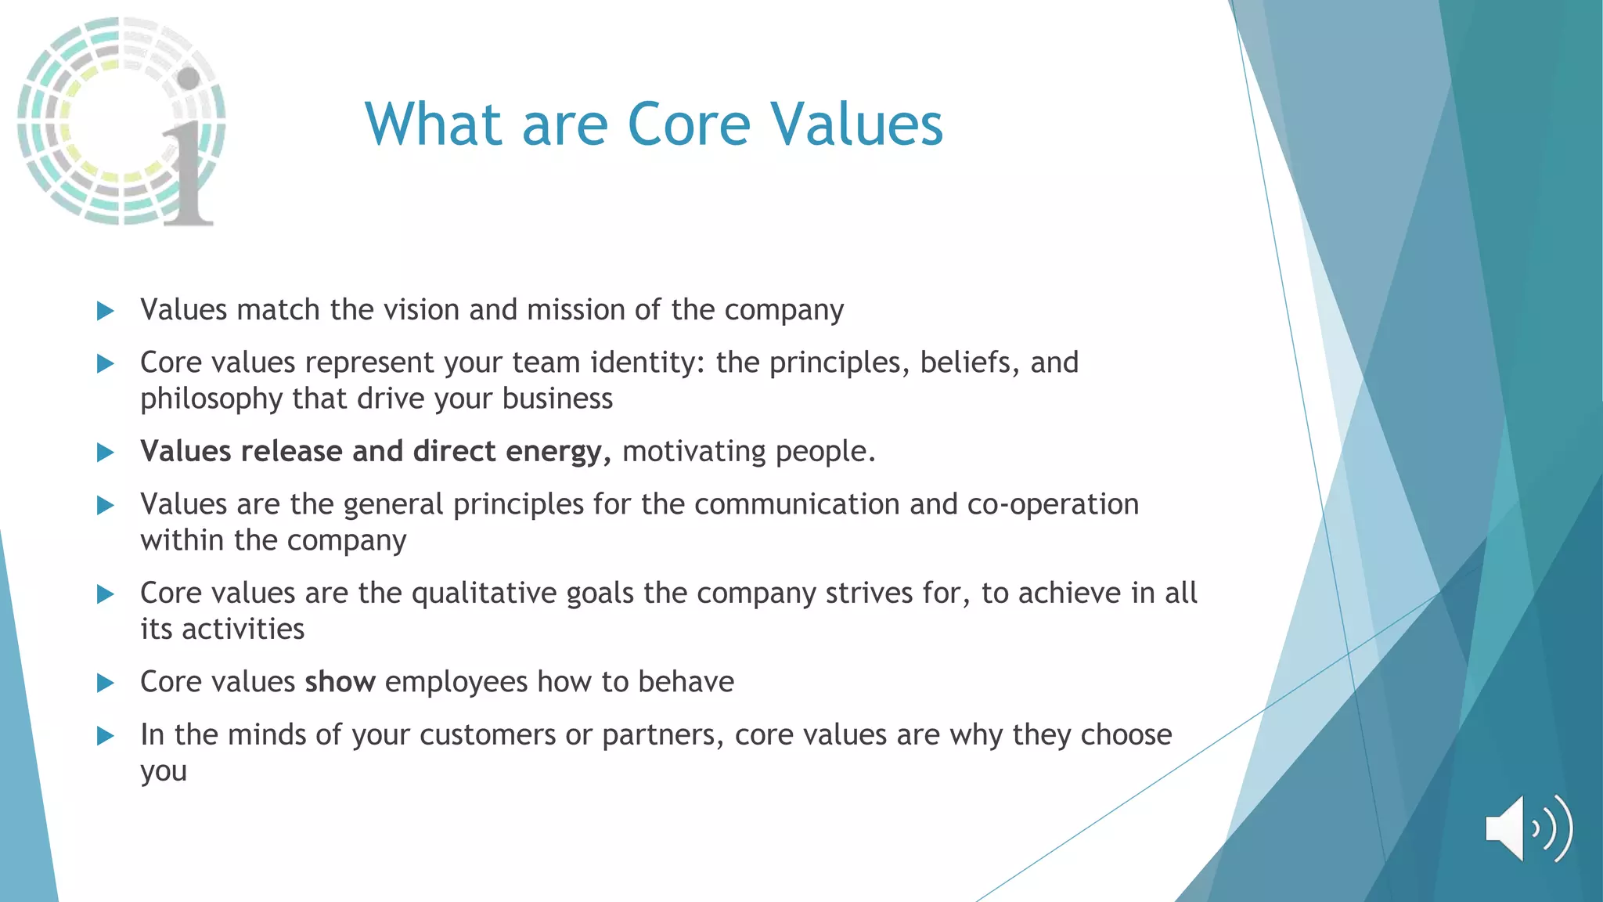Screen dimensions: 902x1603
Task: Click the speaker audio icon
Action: coord(1528,828)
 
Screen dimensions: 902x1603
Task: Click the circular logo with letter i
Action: coord(121,121)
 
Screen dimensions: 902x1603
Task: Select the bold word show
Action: coord(340,682)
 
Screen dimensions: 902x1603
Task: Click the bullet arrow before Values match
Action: coord(105,311)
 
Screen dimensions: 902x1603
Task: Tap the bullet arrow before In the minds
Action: coord(105,736)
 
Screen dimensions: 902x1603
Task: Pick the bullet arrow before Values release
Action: coord(105,453)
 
